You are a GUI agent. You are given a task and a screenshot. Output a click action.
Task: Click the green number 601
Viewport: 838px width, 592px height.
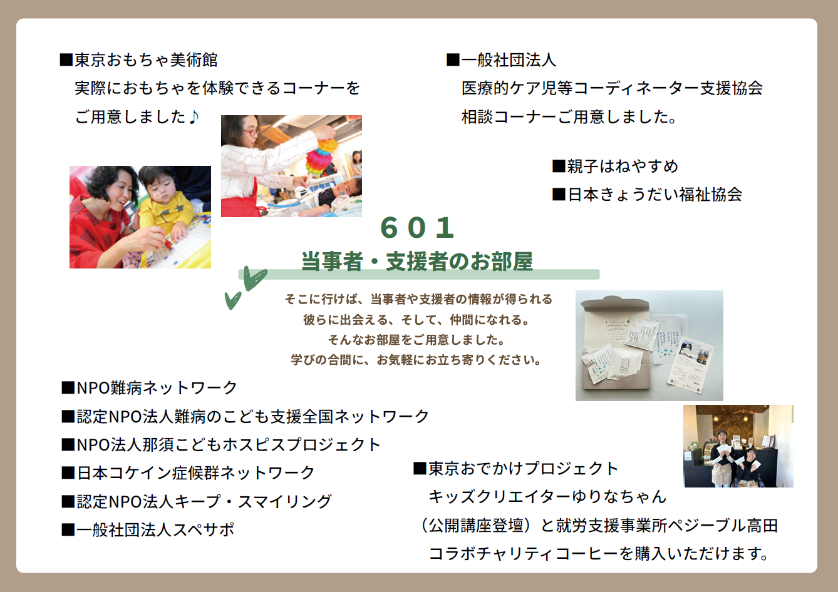point(417,228)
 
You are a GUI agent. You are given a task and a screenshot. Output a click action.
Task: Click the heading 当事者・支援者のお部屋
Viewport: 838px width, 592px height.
point(417,261)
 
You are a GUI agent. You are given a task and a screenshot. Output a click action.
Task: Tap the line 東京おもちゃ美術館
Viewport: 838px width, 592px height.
point(146,60)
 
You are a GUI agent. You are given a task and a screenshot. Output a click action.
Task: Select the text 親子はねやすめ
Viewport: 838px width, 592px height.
point(623,166)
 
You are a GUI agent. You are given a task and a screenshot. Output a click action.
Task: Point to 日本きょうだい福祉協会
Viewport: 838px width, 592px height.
point(654,195)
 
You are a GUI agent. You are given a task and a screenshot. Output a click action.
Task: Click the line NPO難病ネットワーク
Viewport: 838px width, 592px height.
point(157,387)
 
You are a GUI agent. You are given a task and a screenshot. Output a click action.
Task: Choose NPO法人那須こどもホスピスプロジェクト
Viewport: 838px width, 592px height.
point(229,445)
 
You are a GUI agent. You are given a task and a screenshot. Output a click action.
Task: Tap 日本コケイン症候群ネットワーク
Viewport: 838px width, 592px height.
point(195,472)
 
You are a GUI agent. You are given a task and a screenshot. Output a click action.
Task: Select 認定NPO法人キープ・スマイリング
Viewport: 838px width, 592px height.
point(204,501)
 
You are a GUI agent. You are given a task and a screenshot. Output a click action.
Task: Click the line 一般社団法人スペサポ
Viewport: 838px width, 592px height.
point(155,529)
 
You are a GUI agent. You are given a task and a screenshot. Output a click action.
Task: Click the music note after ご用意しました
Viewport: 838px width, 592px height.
point(193,116)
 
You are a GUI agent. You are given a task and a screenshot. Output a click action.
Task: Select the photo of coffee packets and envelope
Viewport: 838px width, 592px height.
point(649,345)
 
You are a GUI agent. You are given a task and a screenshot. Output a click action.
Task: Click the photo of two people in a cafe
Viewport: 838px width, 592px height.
point(738,446)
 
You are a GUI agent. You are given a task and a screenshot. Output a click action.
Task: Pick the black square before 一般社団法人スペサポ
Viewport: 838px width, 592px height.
point(68,530)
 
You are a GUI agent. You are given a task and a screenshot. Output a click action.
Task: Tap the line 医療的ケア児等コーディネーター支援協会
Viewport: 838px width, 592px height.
point(612,88)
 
